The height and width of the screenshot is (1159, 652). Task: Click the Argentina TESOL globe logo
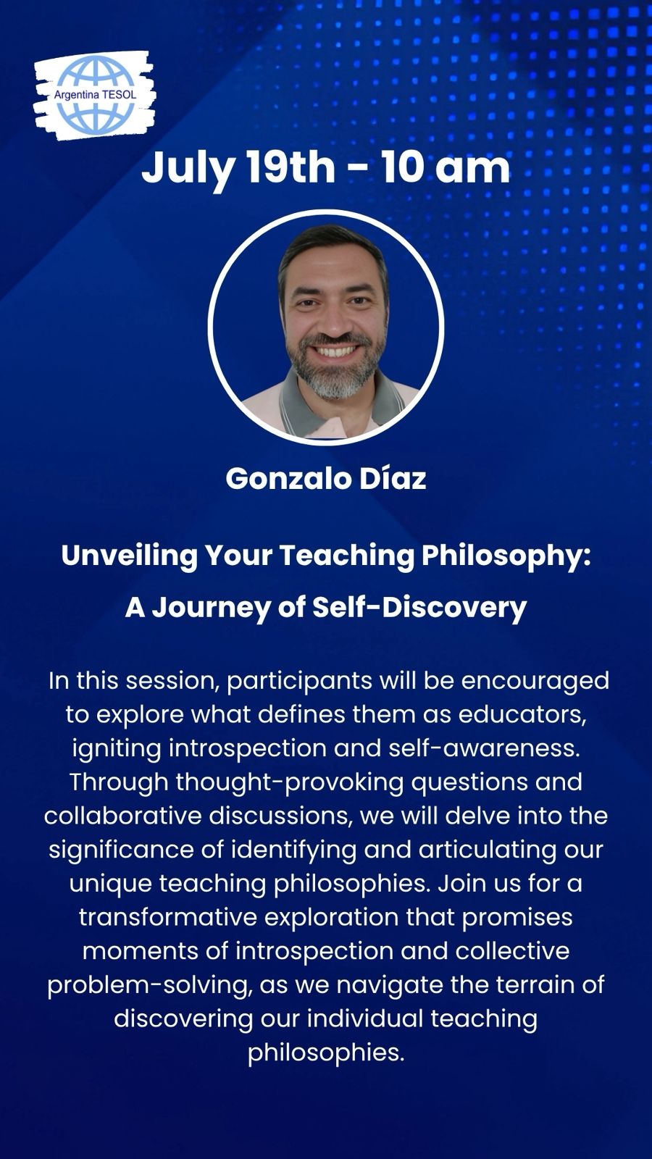(95, 96)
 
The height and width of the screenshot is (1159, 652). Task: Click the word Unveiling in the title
(130, 556)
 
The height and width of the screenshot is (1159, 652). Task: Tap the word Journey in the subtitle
(212, 608)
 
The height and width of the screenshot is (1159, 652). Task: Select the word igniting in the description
(117, 749)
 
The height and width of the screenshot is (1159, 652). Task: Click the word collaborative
(122, 816)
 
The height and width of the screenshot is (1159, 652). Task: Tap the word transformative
(168, 918)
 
